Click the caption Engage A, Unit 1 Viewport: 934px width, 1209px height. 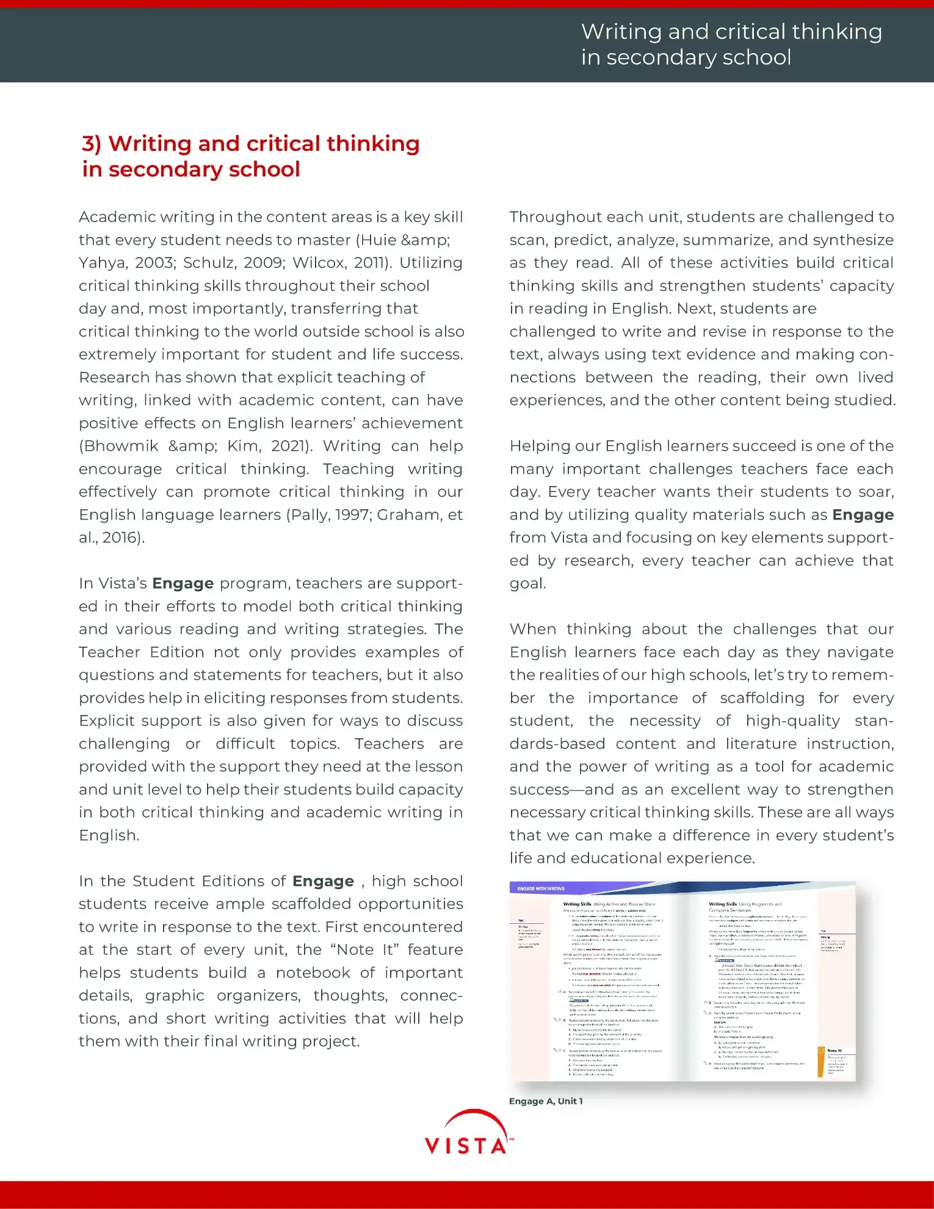[546, 1101]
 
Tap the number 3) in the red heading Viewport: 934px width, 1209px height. [92, 143]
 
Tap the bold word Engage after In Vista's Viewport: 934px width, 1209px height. [183, 584]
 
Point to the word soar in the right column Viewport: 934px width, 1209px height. [876, 492]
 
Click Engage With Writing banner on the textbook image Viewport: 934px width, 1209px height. [541, 888]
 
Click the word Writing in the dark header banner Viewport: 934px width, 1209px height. [621, 32]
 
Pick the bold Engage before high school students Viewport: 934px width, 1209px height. [323, 881]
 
